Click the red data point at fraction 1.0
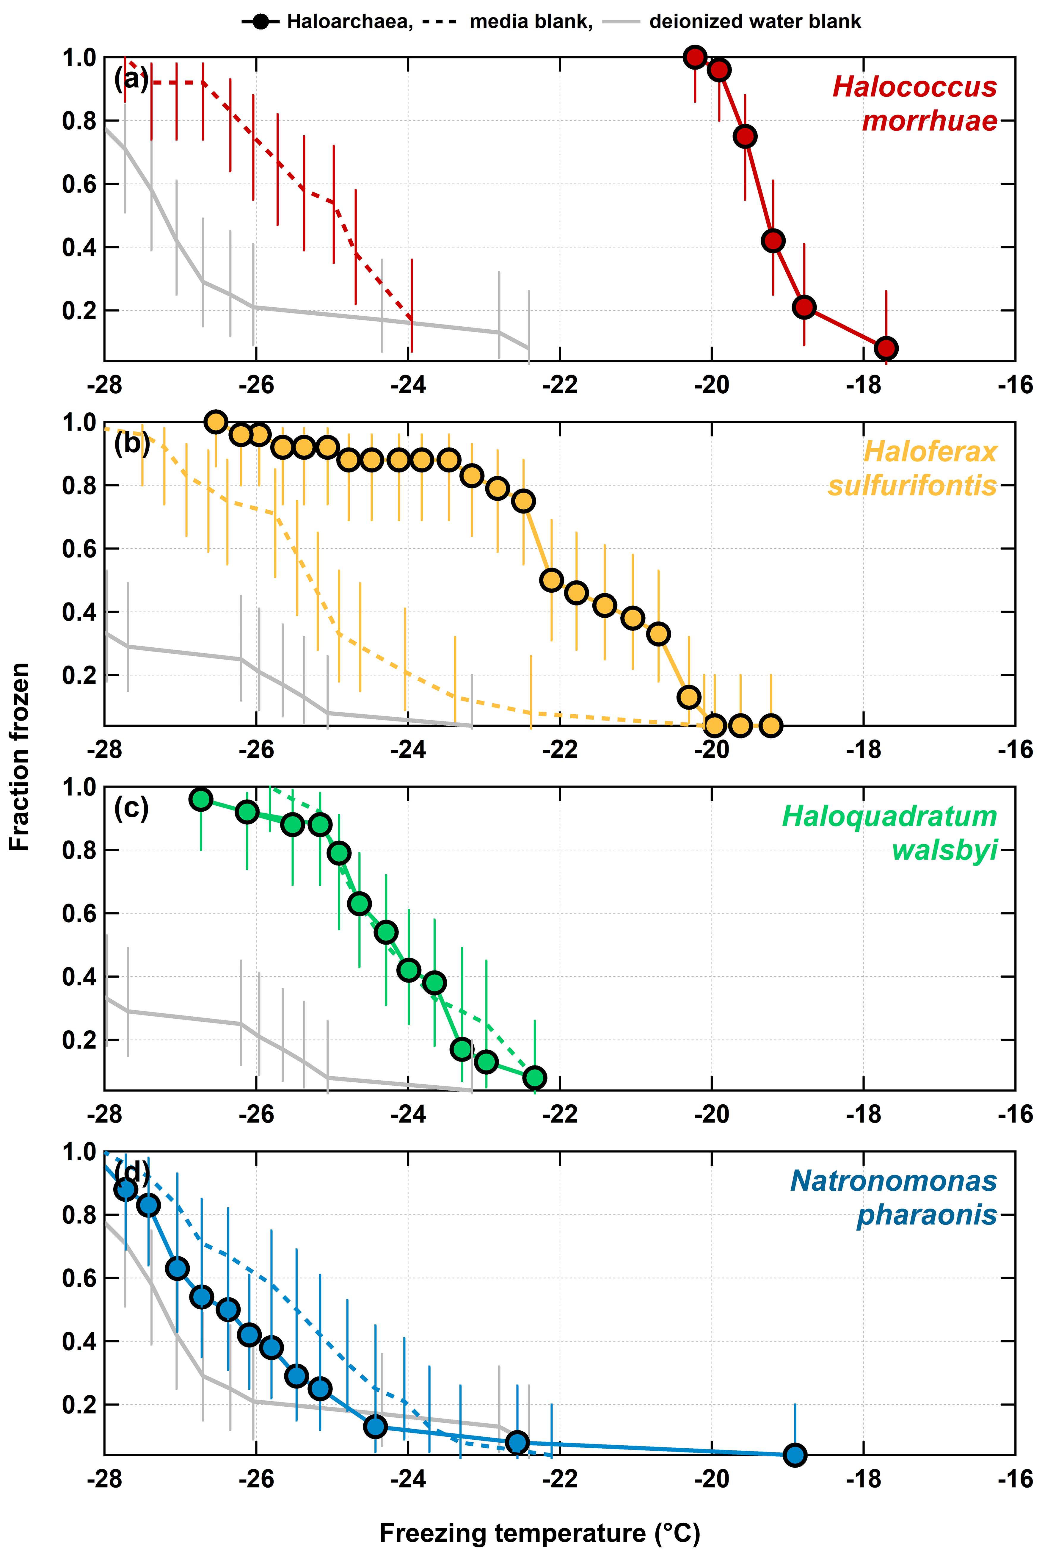[694, 57]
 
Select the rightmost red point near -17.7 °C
[886, 347]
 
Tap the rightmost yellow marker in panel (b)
[771, 725]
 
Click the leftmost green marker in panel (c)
[201, 799]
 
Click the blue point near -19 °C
[795, 1455]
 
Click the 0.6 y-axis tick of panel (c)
[79, 913]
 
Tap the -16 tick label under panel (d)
[1016, 1479]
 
